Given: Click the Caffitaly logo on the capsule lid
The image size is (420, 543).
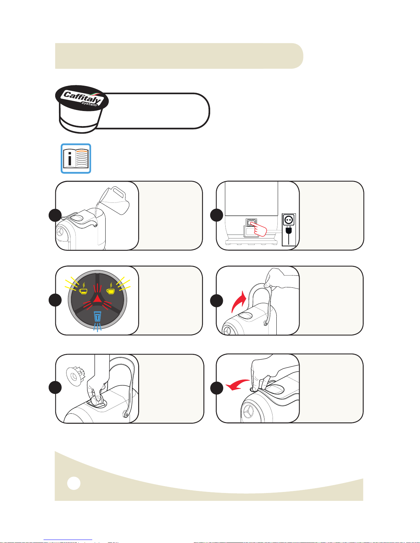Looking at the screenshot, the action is [x=82, y=98].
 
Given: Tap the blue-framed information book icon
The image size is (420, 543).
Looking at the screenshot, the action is [x=76, y=158].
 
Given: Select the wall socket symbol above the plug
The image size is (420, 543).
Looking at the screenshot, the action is [x=289, y=220].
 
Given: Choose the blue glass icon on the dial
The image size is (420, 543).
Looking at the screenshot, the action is [x=97, y=316].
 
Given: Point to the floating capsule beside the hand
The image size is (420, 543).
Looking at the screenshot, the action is [x=75, y=376].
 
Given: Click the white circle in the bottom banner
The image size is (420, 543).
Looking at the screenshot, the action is [x=74, y=483].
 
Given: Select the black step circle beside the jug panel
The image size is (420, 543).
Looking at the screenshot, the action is [x=55, y=215].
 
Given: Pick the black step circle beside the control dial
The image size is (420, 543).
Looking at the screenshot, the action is [x=55, y=300].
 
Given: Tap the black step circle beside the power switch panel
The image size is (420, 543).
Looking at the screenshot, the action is [x=216, y=215].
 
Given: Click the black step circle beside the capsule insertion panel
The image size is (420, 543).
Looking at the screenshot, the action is [x=55, y=387].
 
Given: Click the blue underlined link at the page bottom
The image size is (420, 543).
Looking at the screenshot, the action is [x=68, y=540].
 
